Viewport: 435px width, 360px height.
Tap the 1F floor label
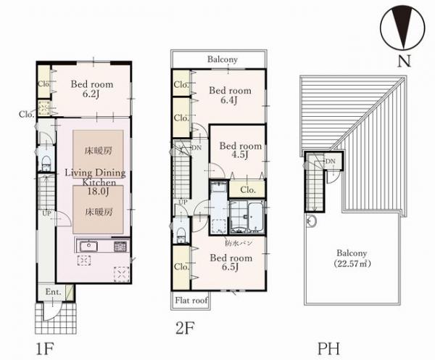tap(45, 349)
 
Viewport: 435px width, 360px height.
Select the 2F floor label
tap(185, 328)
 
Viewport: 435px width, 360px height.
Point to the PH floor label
tap(328, 348)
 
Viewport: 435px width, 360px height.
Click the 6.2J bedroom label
tap(92, 89)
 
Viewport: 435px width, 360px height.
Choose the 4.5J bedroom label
tap(241, 150)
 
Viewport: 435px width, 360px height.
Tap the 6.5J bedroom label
tap(231, 262)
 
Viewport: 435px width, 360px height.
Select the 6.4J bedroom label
tap(230, 95)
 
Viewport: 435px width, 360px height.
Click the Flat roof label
tap(191, 300)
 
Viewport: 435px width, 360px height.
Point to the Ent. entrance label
tap(53, 292)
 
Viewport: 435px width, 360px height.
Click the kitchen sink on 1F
tap(88, 246)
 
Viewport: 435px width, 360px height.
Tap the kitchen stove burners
tap(120, 246)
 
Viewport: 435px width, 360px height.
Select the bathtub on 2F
tap(255, 217)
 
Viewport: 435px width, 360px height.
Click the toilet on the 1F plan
tap(46, 163)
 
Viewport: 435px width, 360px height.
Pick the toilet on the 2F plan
tap(181, 235)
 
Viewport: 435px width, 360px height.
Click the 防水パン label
tap(239, 243)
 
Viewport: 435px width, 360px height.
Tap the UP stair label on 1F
tap(46, 213)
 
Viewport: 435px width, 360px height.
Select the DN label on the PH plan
tap(331, 161)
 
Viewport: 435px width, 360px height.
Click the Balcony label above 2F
tap(223, 60)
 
